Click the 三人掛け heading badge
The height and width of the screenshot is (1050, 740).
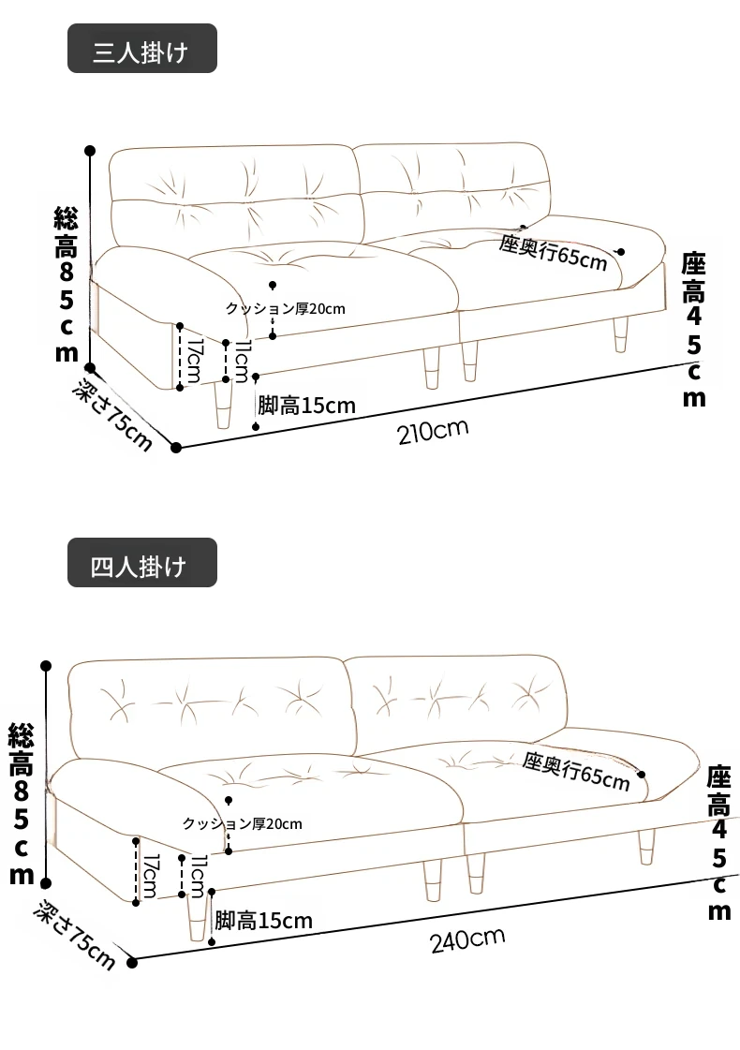coord(142,48)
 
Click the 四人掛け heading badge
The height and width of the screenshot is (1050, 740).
coord(142,563)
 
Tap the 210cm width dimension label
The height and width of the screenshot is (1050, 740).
coord(433,431)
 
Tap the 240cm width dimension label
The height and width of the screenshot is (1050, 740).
coord(466,939)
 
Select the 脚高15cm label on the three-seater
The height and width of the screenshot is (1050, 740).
coord(306,406)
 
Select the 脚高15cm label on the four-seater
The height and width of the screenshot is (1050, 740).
coord(263,920)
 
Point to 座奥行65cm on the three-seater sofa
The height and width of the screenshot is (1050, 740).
coord(553,251)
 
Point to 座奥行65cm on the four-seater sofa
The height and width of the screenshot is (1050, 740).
coord(576,771)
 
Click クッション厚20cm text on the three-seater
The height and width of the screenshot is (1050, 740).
coord(286,309)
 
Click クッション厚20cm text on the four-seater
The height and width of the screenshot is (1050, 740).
coord(243,823)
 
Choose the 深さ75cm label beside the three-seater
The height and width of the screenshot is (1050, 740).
coord(112,415)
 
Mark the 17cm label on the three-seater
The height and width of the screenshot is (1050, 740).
coord(194,360)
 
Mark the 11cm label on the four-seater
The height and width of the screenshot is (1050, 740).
coord(197,875)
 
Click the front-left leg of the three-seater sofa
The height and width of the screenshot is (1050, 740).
coord(223,407)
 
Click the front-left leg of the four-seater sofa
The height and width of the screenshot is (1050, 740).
coord(197,921)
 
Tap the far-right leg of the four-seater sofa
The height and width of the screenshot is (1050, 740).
coord(646,847)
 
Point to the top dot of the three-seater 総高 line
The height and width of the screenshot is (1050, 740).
coord(91,151)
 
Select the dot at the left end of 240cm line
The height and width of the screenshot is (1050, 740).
coord(132,963)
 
